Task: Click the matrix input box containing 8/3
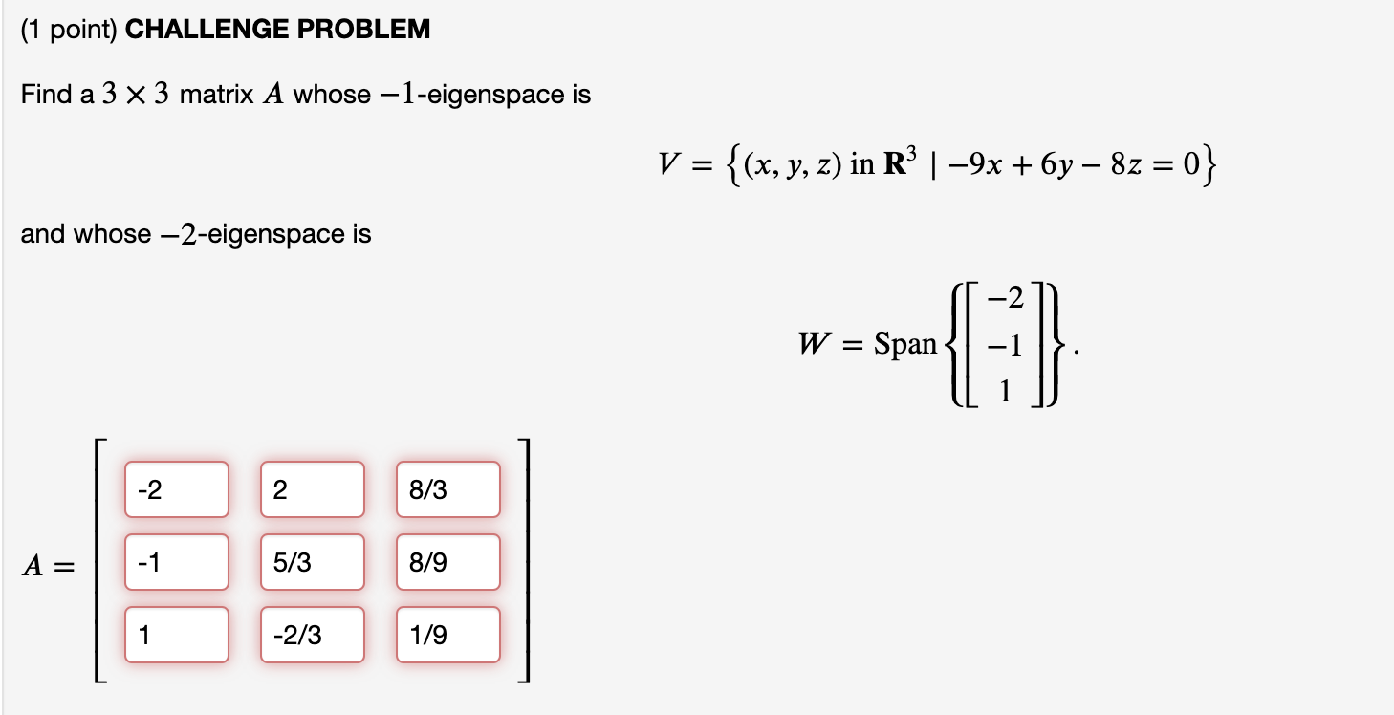[x=447, y=489]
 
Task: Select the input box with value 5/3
[x=312, y=562]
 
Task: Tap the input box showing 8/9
[x=447, y=562]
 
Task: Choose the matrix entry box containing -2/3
[x=312, y=635]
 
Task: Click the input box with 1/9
[x=447, y=635]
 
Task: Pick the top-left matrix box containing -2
[x=176, y=489]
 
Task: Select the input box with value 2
[x=312, y=489]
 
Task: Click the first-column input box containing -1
[x=176, y=562]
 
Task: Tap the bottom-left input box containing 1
[x=176, y=635]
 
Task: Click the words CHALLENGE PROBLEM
[x=278, y=30]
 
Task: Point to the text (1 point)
[x=69, y=30]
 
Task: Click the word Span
[x=904, y=344]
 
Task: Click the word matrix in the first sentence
[x=217, y=95]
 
